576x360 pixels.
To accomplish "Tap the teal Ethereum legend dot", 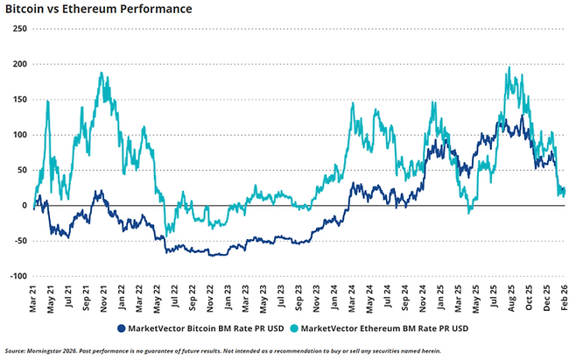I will pyautogui.click(x=294, y=328).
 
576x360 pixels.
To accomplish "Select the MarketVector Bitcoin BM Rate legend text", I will pyautogui.click(x=206, y=328).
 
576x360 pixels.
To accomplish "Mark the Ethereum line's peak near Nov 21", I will pyautogui.click(x=102, y=74).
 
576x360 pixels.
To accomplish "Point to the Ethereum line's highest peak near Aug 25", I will pyautogui.click(x=509, y=67).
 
